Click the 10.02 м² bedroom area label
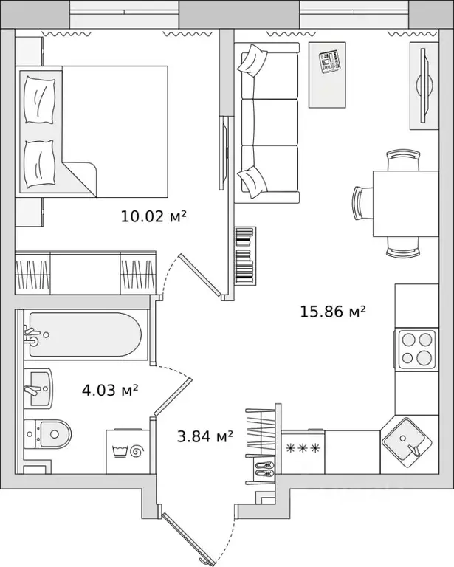point(154,216)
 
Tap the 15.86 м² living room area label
point(333,311)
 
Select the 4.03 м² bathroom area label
point(110,390)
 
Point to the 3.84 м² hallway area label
point(205,436)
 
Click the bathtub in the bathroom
point(86,334)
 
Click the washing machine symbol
point(128,451)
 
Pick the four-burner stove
point(416,349)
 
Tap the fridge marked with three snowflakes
point(303,452)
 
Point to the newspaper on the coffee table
point(330,61)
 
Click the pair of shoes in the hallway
point(264,468)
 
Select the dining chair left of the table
point(362,202)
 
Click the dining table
point(405,204)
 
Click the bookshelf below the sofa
point(245,255)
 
